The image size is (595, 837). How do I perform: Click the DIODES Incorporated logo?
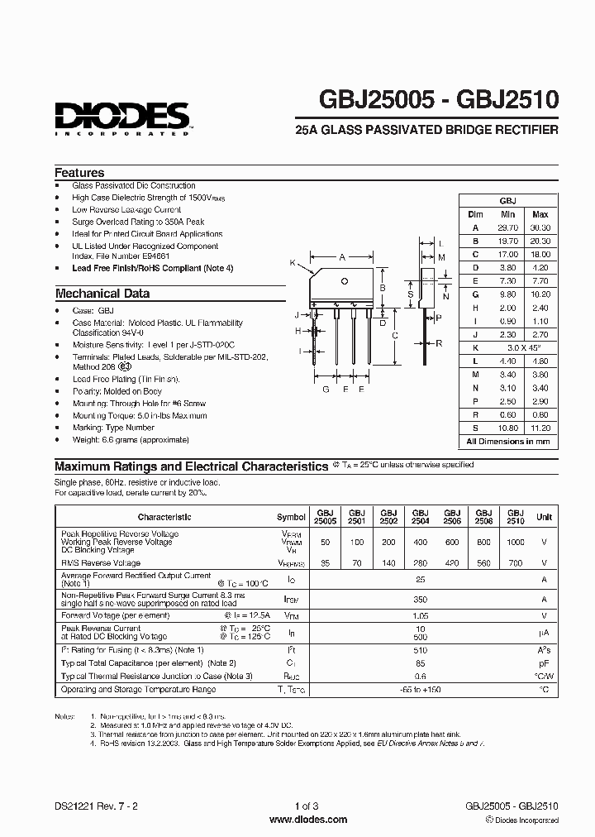[123, 117]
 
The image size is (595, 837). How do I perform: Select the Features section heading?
[79, 173]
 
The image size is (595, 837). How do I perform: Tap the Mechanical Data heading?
[102, 293]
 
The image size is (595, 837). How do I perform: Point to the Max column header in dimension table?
[540, 214]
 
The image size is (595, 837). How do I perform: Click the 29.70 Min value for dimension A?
[508, 227]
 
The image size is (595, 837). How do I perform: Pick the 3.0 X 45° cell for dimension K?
[524, 348]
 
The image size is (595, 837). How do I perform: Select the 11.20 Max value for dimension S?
[540, 428]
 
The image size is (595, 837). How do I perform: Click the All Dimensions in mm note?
[508, 442]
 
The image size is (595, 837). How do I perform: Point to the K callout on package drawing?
[293, 262]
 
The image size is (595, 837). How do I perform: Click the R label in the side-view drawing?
[439, 342]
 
